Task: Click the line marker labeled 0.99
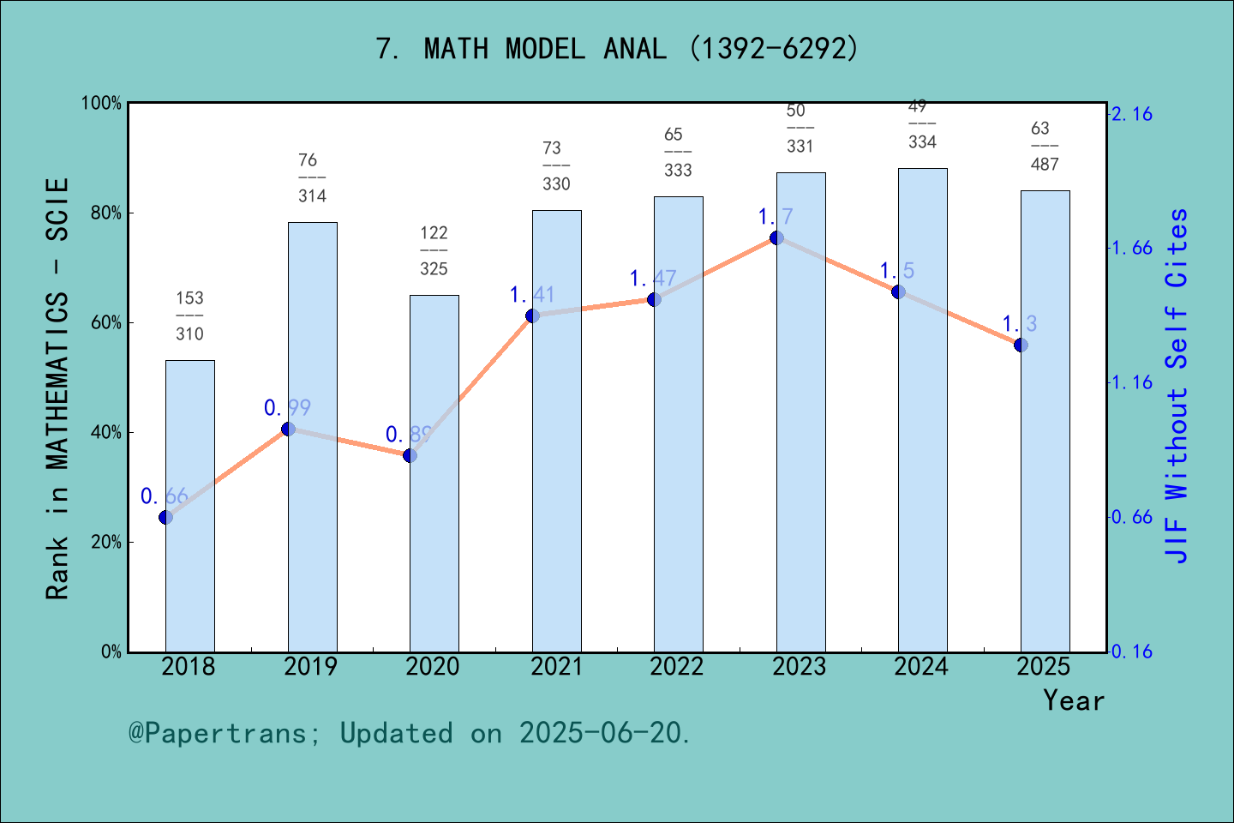click(288, 429)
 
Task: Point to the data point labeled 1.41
click(532, 315)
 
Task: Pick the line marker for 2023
click(776, 237)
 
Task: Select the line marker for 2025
click(1021, 345)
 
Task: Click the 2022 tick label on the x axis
click(677, 667)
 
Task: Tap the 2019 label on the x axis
click(310, 667)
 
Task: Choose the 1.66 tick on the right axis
click(1132, 249)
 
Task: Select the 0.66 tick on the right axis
click(1132, 517)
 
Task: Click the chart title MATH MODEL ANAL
click(617, 49)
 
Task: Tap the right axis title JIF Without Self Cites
click(1177, 386)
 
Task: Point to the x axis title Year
click(1074, 700)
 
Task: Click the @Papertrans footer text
click(410, 733)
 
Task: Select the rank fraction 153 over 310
click(189, 315)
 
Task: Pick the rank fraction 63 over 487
click(1044, 147)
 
